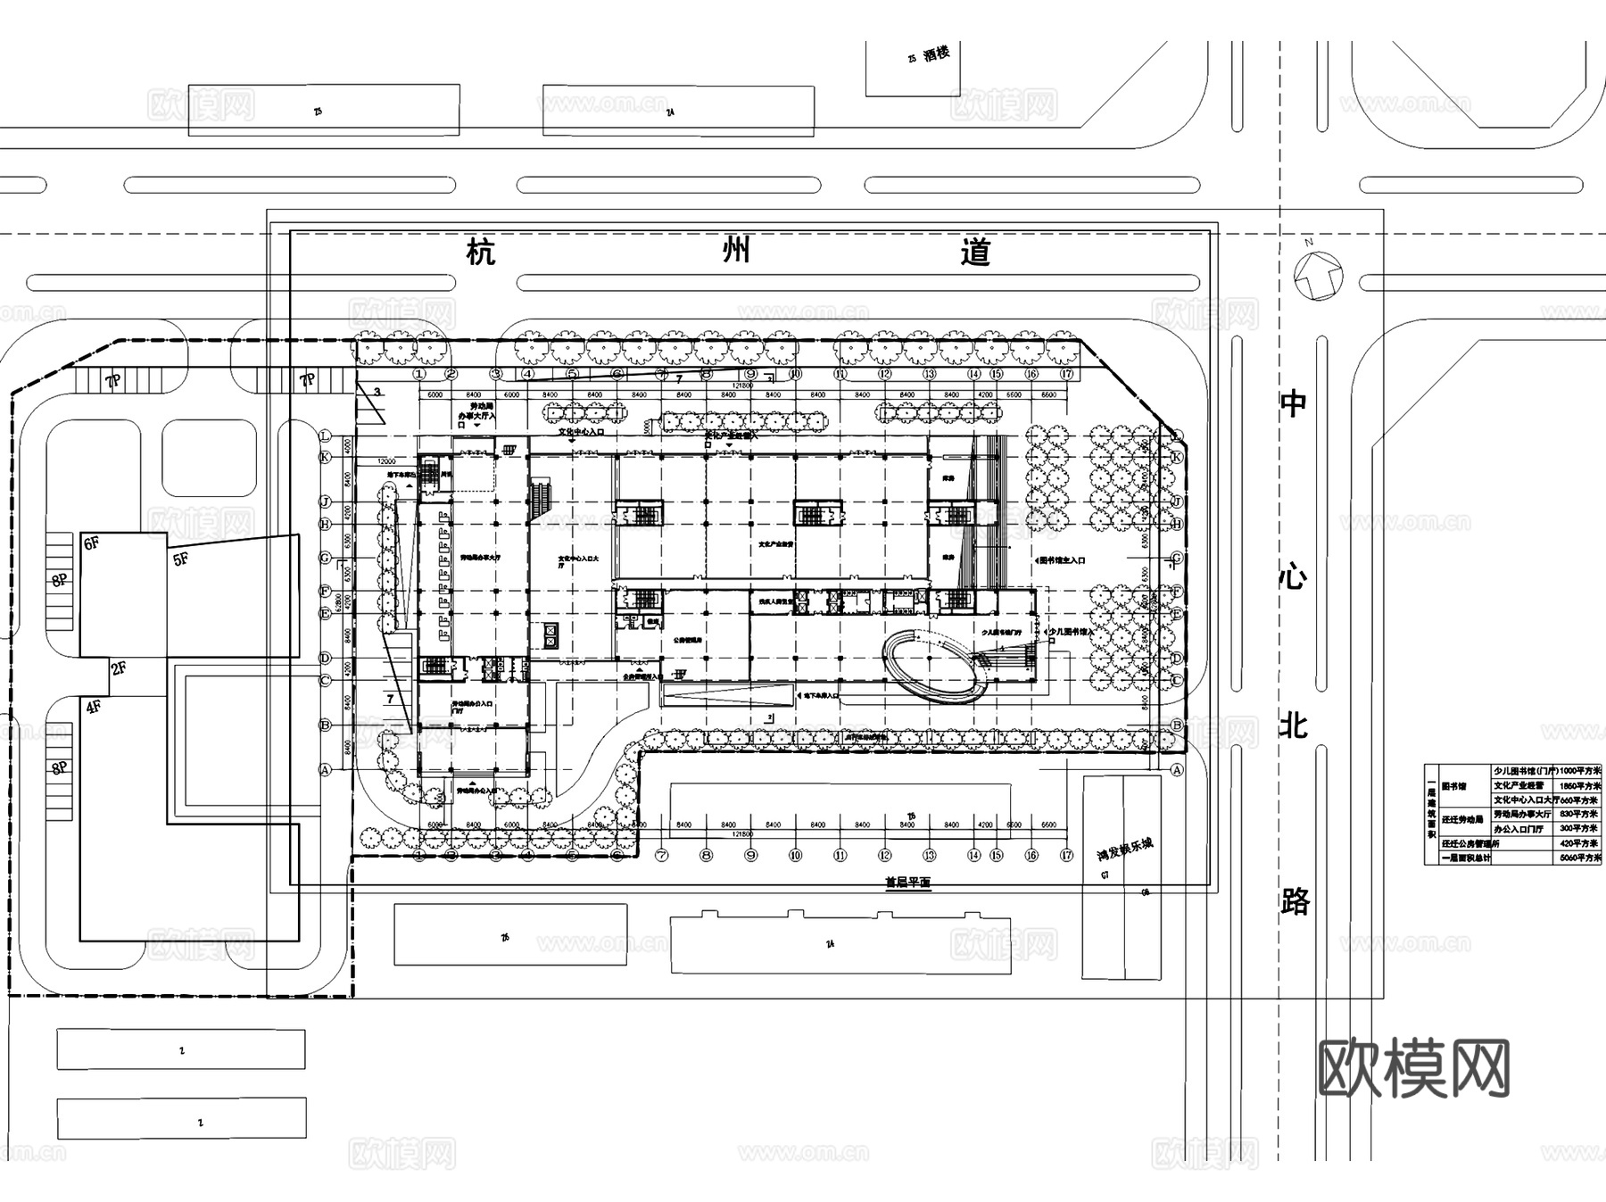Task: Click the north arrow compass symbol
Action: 1319,274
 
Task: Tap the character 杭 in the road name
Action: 481,253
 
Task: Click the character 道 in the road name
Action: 976,253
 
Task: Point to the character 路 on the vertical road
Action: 1295,901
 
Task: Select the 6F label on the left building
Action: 91,543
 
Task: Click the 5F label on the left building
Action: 181,560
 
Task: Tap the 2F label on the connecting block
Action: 119,667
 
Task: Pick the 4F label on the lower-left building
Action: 93,708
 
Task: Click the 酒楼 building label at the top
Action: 936,54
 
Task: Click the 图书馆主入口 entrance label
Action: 1063,561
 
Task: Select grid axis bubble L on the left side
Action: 326,435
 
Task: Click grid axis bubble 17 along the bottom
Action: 1066,855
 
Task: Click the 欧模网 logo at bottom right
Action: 1413,1068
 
